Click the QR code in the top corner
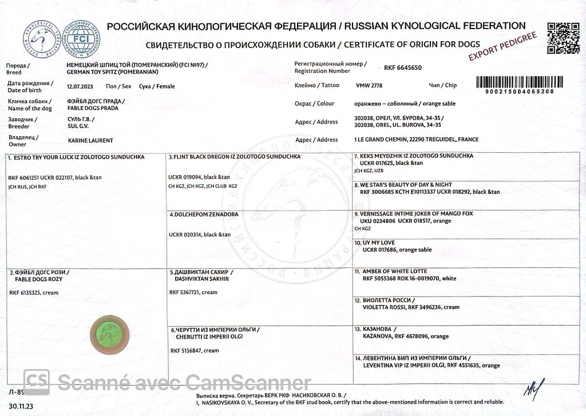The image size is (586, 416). coord(559,38)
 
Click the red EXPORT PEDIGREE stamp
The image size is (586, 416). coord(502,46)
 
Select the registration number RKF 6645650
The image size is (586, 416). coord(403,68)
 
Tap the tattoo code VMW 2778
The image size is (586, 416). coord(369,85)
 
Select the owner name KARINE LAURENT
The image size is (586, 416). coord(90,140)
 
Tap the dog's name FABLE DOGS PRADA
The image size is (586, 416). coord(93,108)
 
